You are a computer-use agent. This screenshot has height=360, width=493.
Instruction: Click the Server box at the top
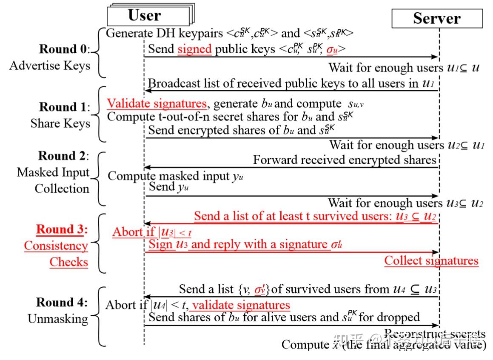coord(437,19)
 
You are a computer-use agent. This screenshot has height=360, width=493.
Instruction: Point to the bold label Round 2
coord(63,156)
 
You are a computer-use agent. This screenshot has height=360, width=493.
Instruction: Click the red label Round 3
coord(61,229)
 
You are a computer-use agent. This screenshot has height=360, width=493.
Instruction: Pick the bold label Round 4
coord(61,302)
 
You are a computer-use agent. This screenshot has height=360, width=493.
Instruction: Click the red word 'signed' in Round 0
coord(194,49)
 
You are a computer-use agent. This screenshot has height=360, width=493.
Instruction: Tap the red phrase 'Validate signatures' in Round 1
coord(157,103)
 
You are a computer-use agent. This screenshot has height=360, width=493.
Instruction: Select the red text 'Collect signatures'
coord(431,260)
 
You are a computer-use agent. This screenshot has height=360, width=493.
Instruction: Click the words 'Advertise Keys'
coord(50,66)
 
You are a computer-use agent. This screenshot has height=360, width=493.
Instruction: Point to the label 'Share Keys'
coord(60,123)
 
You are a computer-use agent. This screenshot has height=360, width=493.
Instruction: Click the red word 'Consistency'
coord(56,246)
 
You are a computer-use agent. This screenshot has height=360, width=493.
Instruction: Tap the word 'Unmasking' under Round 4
coord(58,319)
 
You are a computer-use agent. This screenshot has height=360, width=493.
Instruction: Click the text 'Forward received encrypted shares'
coord(345,160)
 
